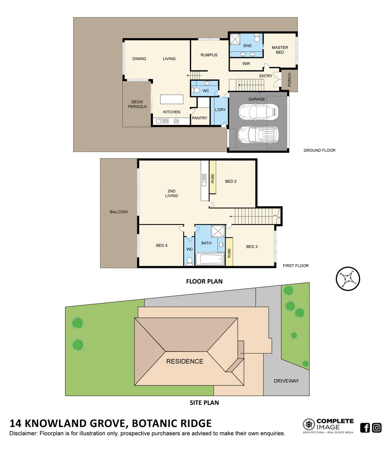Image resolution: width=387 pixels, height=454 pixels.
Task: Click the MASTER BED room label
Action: coord(279,50)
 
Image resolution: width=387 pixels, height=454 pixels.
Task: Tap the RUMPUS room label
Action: coord(209,55)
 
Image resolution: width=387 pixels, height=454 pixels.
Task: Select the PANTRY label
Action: coord(200,118)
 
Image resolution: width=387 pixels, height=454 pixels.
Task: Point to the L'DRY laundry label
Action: coord(221,110)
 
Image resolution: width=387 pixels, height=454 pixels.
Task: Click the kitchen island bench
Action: coord(172,100)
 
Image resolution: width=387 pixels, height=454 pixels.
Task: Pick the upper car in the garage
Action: coord(258,112)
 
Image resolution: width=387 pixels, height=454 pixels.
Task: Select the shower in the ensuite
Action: coord(234,40)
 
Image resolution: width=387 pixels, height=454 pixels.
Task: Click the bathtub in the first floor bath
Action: coord(210,259)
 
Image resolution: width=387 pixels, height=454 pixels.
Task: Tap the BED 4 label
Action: coord(162,246)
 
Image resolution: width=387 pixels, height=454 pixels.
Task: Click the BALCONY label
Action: coord(119,212)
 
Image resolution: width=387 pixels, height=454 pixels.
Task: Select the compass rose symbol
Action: coord(348,278)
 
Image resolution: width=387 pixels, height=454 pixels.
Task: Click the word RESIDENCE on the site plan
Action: coord(184,361)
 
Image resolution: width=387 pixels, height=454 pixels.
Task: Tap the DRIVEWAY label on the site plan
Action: coord(286,381)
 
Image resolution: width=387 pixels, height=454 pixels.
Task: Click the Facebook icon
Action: coord(365,428)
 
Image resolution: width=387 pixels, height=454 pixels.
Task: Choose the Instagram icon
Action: coord(376,428)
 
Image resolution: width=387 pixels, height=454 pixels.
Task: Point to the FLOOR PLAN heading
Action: coord(204,281)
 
